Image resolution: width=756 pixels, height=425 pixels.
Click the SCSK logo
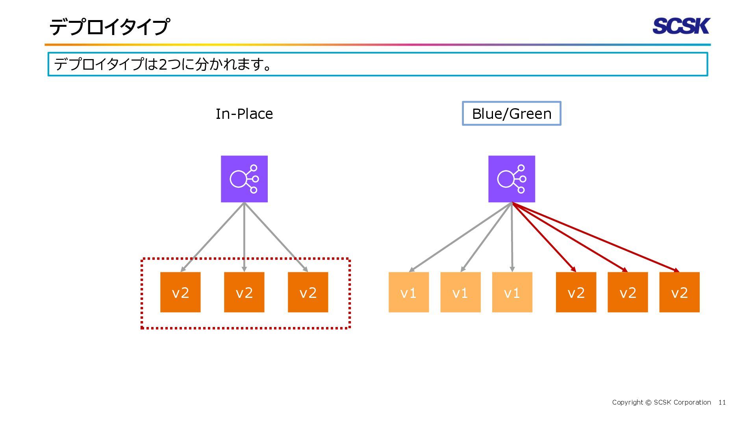coord(681,26)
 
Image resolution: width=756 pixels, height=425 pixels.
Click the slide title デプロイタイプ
coord(109,27)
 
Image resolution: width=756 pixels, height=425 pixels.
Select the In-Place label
coord(244,114)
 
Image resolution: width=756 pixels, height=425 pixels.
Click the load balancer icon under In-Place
coord(244,179)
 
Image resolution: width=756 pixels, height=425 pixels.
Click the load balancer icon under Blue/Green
coord(511,179)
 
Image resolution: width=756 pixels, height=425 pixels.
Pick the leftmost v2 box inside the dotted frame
coord(180,292)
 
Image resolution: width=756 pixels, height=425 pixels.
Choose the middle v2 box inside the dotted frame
coord(244,292)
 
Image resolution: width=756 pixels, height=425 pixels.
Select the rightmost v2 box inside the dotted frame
coord(308,292)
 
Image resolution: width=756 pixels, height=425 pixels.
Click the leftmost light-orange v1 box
coord(409,292)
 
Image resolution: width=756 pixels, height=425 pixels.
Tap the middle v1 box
coord(460,292)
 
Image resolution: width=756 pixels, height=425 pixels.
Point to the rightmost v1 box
coord(512,292)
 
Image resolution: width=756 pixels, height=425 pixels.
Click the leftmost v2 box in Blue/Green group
coord(576,292)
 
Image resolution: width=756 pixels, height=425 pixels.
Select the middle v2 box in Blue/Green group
coord(628,292)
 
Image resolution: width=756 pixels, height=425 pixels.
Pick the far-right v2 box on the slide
coord(680,292)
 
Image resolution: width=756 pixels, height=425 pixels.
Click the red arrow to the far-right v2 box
coord(596,237)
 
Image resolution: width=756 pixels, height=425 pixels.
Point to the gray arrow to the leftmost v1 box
coord(460,237)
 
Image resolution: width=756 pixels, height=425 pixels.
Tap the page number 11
coord(722,402)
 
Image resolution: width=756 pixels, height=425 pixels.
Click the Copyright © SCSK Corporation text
coord(661,402)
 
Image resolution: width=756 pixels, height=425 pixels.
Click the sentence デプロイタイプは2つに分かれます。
coord(163,64)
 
